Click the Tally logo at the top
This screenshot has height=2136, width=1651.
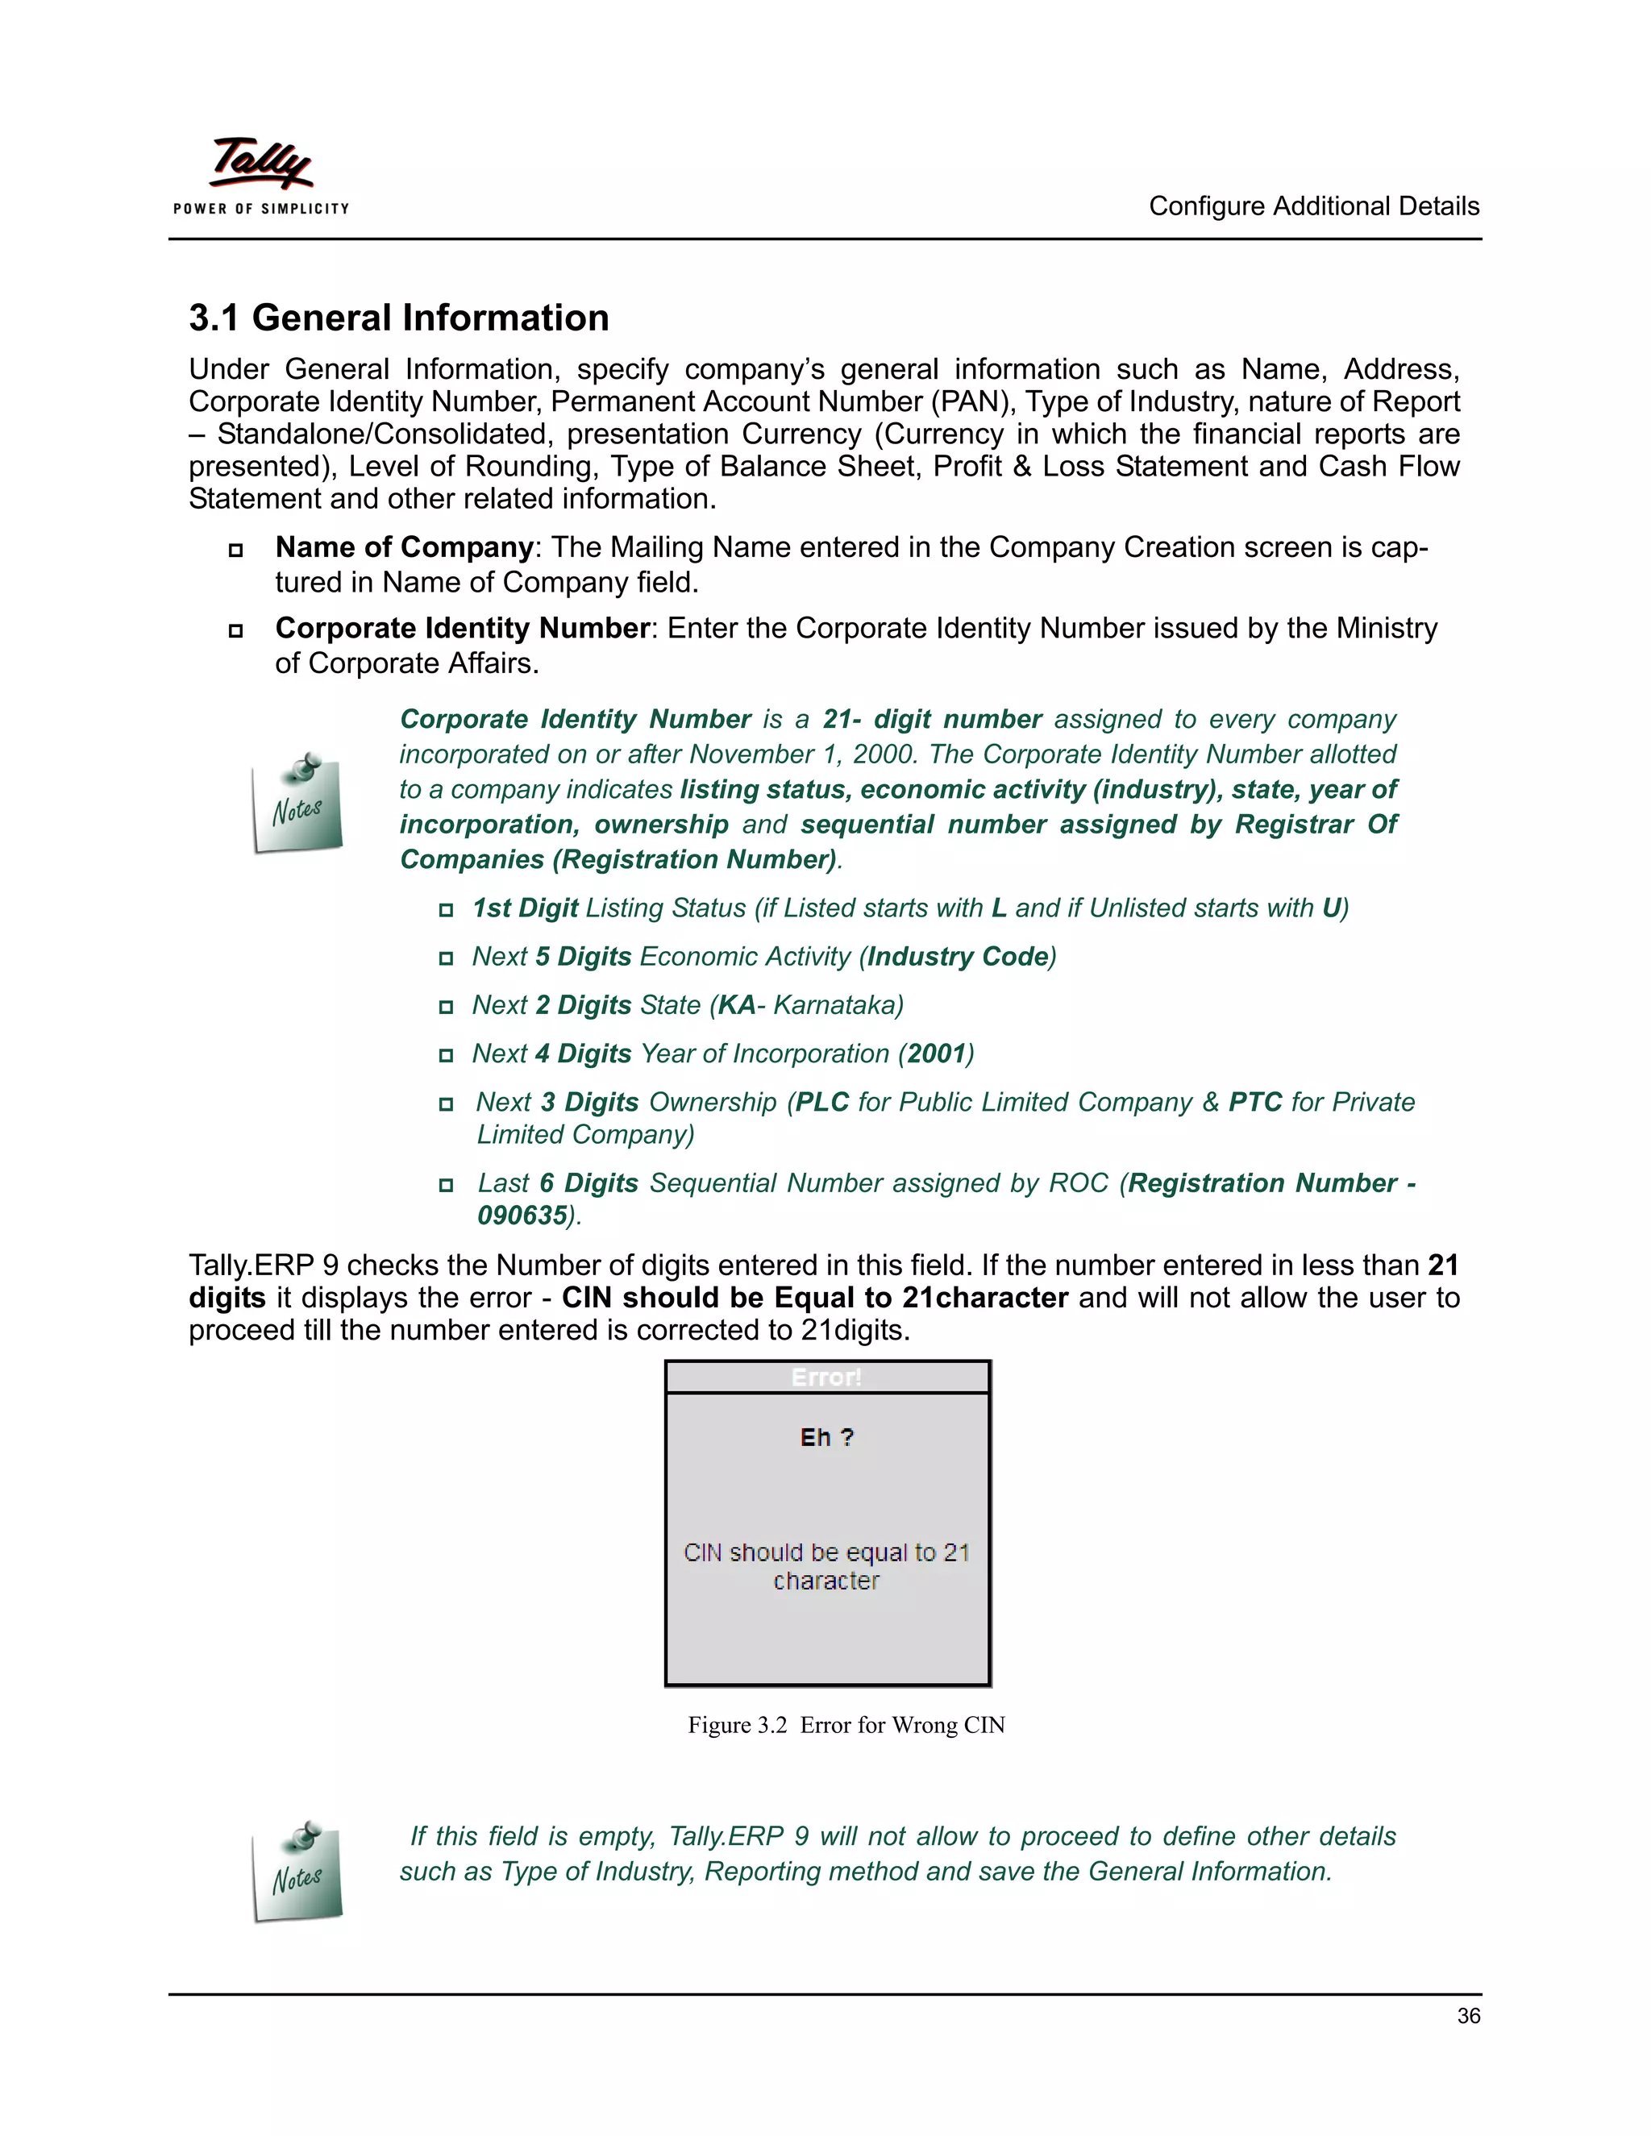tap(261, 173)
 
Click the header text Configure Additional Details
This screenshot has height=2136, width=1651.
tap(1312, 206)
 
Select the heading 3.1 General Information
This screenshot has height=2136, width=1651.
tap(398, 318)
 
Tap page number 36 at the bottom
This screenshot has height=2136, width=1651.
tap(1467, 2016)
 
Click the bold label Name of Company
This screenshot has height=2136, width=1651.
tap(403, 546)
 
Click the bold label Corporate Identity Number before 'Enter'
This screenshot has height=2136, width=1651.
tap(462, 628)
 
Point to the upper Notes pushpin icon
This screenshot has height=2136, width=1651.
tap(297, 802)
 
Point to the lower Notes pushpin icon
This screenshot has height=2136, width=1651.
tap(297, 1870)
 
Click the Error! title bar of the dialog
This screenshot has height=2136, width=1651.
tap(826, 1377)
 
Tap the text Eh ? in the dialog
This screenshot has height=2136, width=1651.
tap(826, 1436)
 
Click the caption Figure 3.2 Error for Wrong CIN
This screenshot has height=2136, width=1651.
tap(846, 1724)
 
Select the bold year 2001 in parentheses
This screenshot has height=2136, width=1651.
tap(936, 1053)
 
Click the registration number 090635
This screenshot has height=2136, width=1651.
tap(522, 1216)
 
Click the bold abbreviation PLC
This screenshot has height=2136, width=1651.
tap(821, 1102)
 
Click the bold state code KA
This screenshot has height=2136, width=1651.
tap(737, 1005)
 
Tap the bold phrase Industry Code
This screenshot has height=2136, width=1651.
tap(957, 957)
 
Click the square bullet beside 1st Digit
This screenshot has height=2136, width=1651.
tap(446, 909)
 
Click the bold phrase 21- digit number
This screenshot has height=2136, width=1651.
tap(931, 719)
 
